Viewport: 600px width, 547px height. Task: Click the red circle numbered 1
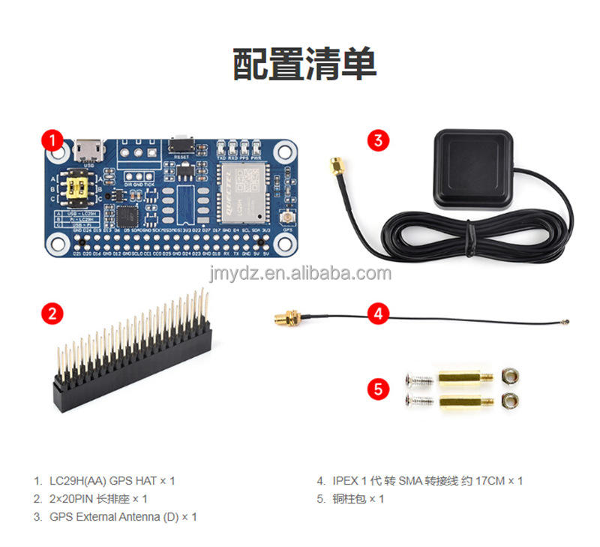point(52,140)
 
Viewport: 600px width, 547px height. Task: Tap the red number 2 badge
point(52,313)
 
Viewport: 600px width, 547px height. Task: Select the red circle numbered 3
point(378,140)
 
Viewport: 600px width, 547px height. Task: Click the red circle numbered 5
point(378,389)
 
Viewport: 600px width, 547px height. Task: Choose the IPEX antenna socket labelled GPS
point(286,219)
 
